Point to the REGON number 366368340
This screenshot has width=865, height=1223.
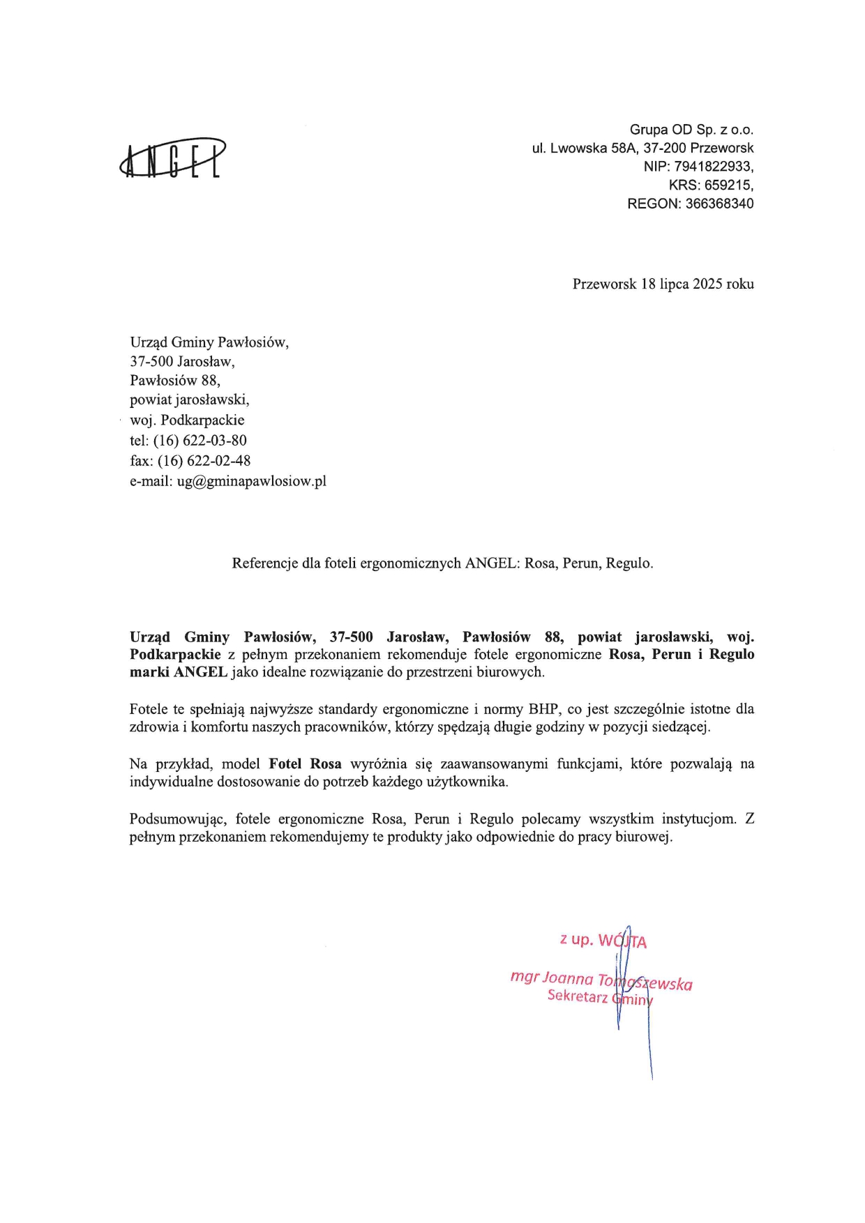[719, 204]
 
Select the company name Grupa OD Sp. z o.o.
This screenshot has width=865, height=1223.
[691, 130]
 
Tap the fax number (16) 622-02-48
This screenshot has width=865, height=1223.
[204, 461]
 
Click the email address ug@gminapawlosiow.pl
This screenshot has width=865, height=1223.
[251, 481]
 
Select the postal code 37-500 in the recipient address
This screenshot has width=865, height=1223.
[151, 361]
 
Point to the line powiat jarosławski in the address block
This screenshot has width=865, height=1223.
[189, 400]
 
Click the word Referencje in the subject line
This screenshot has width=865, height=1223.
[264, 563]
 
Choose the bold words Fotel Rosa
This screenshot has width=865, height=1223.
[305, 764]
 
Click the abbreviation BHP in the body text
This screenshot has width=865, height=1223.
[544, 709]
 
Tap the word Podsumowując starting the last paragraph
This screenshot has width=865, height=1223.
[178, 819]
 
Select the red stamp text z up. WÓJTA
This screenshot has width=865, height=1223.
[603, 941]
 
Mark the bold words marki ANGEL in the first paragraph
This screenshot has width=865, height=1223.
[179, 673]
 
